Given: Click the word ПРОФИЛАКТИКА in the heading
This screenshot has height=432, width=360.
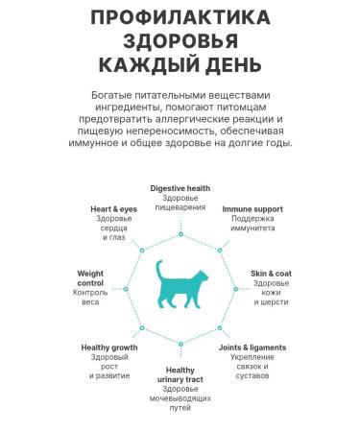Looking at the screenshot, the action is [180, 19].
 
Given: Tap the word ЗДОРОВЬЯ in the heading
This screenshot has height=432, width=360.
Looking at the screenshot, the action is [180, 42].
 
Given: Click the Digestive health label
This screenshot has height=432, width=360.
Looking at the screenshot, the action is [180, 188].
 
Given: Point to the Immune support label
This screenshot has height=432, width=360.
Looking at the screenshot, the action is [252, 208].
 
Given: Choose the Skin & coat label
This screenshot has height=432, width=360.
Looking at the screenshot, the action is [271, 274].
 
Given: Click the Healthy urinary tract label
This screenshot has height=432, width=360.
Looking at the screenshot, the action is [180, 376].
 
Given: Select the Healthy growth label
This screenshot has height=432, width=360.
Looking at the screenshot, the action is [108, 347].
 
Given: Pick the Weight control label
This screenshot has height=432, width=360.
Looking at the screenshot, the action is [90, 278].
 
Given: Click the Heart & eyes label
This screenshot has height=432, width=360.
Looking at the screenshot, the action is [113, 208].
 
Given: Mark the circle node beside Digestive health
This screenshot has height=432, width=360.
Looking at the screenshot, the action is [180, 228].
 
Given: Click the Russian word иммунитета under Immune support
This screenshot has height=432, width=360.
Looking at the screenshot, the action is [252, 228].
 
